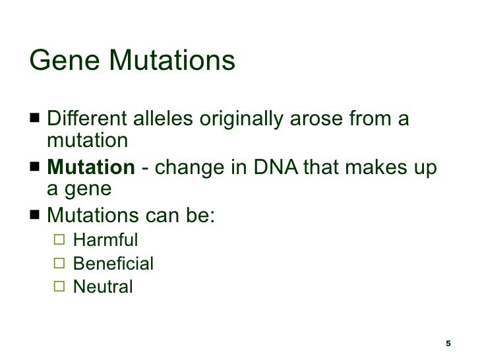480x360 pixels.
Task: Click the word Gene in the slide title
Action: point(65,61)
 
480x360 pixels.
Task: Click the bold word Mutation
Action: point(90,168)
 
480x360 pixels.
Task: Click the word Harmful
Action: point(105,238)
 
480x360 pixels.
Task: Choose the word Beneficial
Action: point(113,264)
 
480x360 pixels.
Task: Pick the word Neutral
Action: point(103,287)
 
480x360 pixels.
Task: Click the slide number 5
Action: point(448,344)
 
